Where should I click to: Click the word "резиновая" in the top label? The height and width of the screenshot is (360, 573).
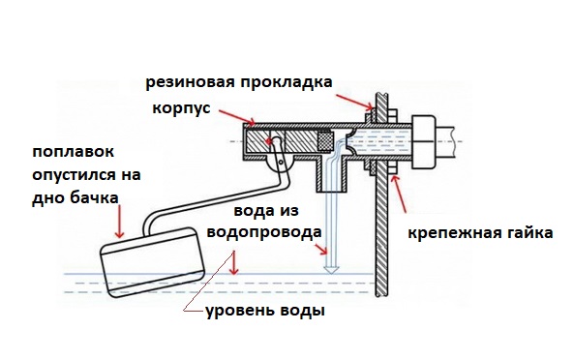(190, 82)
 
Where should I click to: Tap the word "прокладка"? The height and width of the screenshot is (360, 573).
(286, 82)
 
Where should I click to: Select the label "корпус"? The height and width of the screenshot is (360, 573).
(181, 108)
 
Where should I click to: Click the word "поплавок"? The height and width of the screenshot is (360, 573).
(74, 151)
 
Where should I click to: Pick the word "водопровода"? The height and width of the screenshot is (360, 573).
(264, 232)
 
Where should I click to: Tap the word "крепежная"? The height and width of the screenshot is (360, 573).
(453, 233)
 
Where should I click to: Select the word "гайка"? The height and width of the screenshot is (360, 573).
(528, 232)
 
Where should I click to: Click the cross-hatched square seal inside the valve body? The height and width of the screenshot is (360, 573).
(325, 140)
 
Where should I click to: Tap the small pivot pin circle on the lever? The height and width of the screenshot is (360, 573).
(281, 162)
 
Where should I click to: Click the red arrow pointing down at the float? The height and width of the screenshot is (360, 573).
(119, 222)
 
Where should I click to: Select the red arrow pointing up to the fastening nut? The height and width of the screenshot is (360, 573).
(399, 194)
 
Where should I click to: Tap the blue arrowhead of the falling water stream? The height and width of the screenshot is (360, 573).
(331, 271)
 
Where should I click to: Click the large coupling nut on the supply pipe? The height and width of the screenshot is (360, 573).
(424, 142)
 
